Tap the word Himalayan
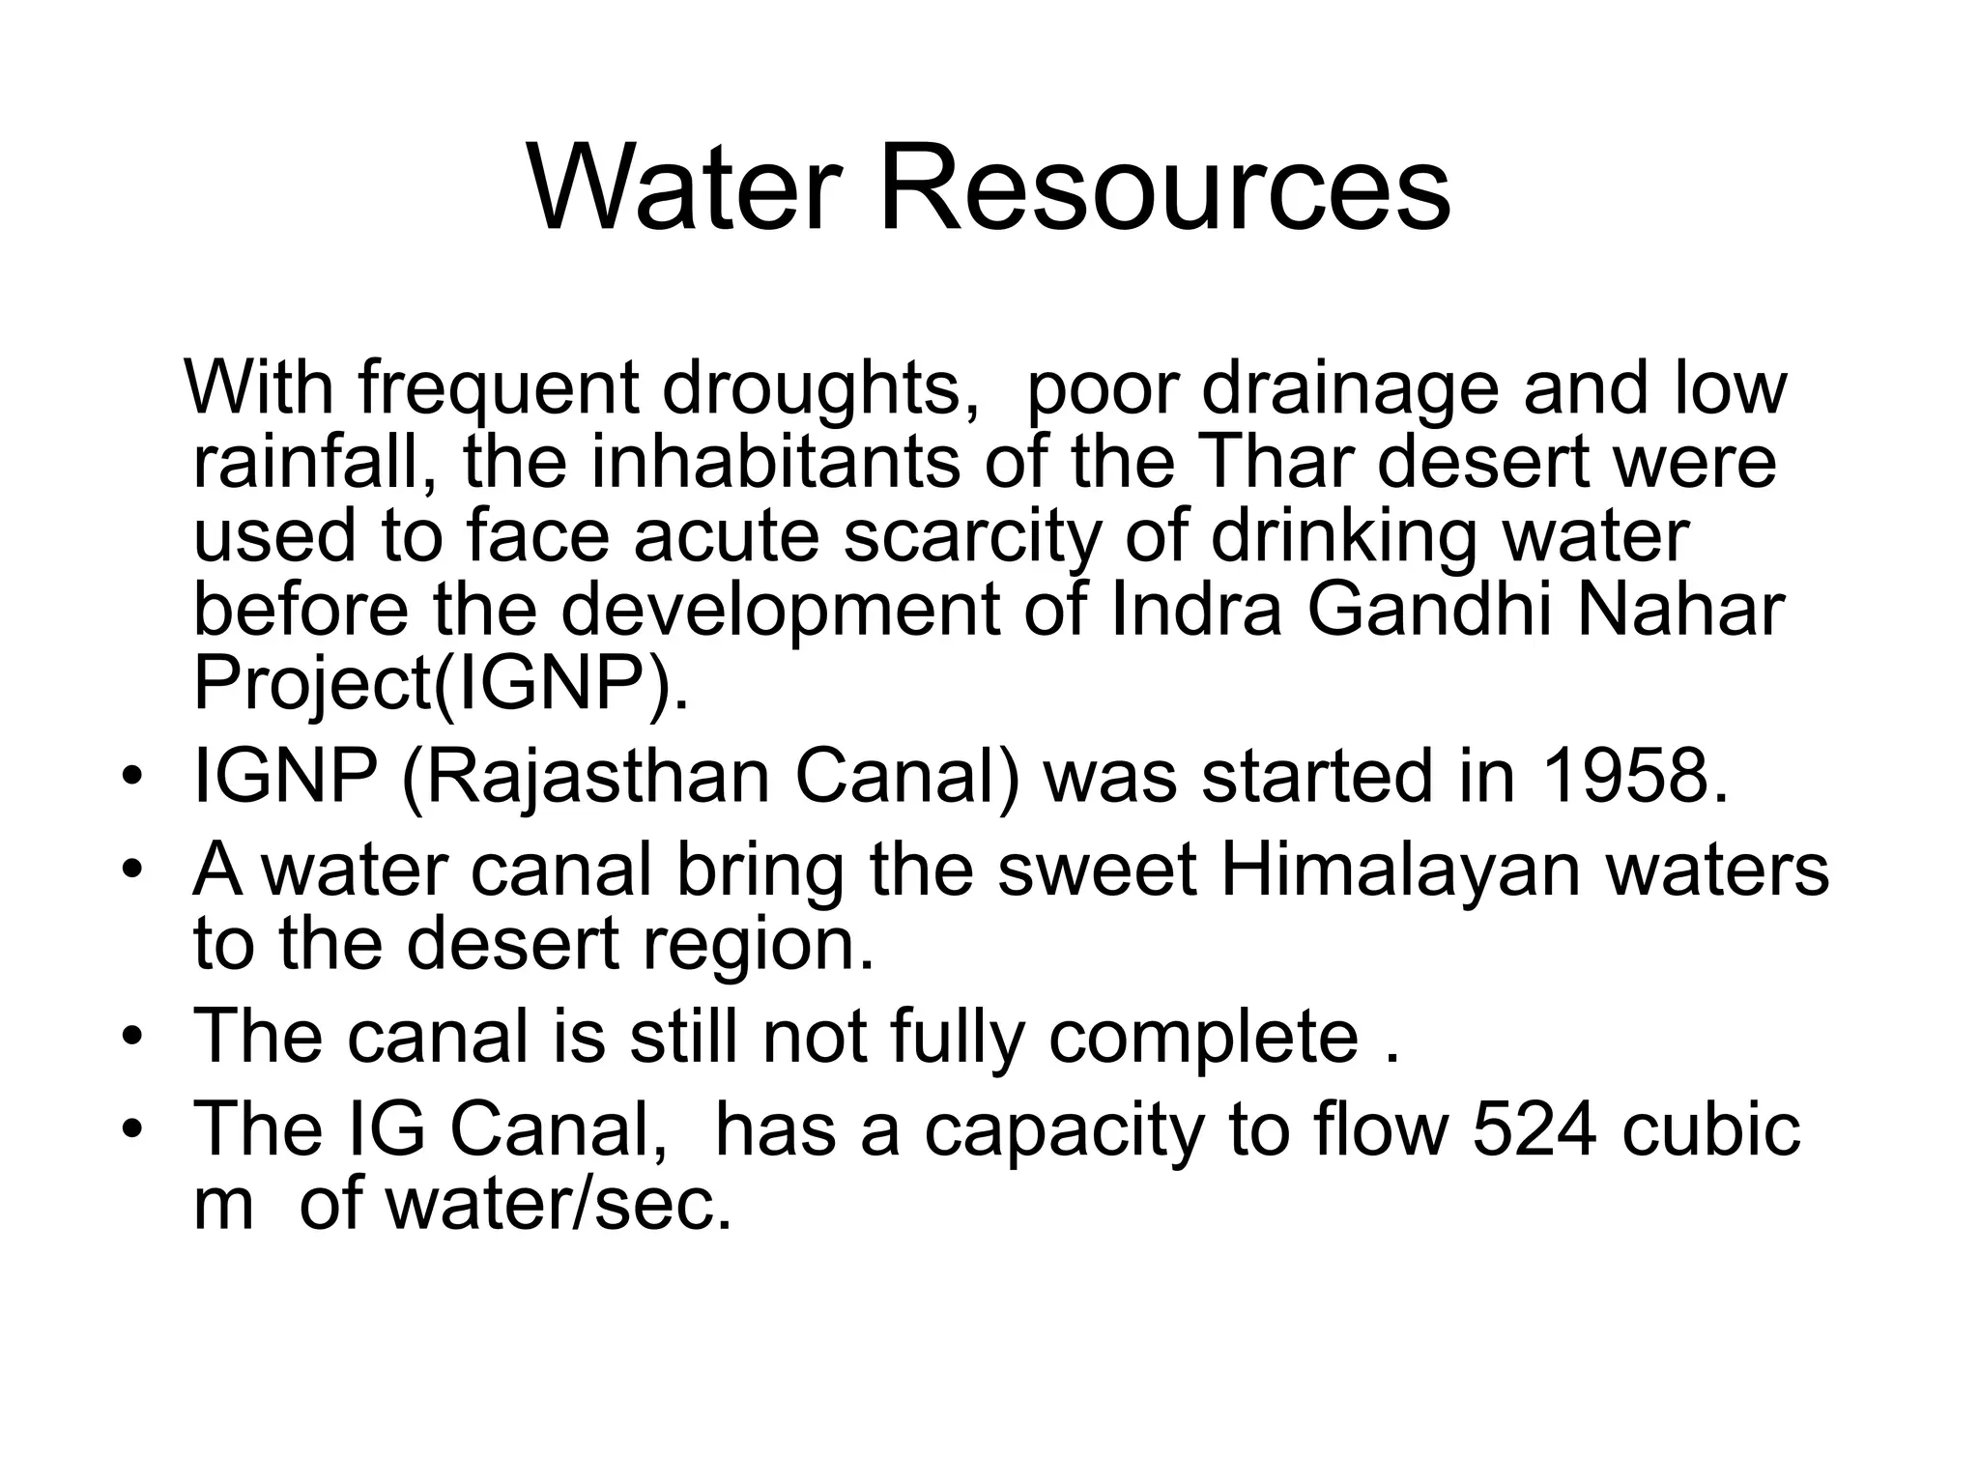point(1401,870)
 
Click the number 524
point(1534,1129)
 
